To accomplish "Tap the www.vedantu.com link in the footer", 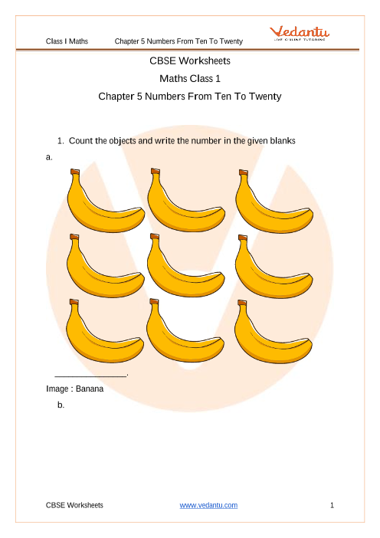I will (208, 505).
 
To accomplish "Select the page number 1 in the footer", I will (332, 505).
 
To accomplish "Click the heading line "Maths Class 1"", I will (190, 78).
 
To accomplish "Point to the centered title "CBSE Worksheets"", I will (190, 60).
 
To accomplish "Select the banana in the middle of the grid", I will (185, 268).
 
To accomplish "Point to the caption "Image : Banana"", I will (74, 389).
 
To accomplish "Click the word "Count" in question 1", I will (80, 141).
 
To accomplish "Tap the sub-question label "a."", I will (50, 156).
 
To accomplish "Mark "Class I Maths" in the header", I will (67, 41).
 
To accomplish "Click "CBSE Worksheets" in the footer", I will (74, 505).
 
